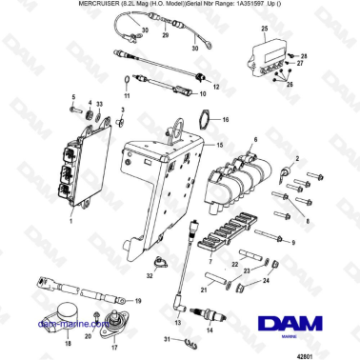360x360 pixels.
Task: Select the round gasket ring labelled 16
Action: point(203,121)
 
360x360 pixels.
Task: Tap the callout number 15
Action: point(221,145)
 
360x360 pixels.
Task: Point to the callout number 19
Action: point(139,300)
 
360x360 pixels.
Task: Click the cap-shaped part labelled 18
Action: point(63,316)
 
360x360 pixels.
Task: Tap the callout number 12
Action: point(215,87)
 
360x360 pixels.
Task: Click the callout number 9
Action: point(292,243)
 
